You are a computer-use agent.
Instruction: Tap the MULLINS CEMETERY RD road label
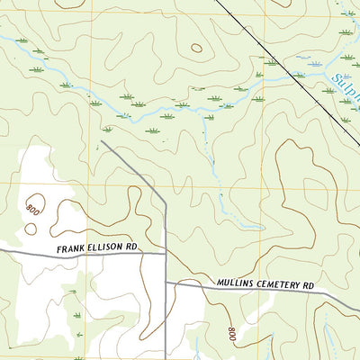(x=265, y=285)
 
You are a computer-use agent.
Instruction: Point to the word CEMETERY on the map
(x=276, y=285)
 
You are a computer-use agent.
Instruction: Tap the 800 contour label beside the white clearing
(x=33, y=208)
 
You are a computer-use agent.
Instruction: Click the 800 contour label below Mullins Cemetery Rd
(x=232, y=334)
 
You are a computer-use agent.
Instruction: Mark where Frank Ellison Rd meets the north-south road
(x=166, y=254)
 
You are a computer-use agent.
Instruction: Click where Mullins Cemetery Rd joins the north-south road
(x=166, y=283)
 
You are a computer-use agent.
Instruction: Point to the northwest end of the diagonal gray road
(x=102, y=140)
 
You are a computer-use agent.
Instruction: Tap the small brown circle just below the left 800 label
(x=31, y=228)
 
